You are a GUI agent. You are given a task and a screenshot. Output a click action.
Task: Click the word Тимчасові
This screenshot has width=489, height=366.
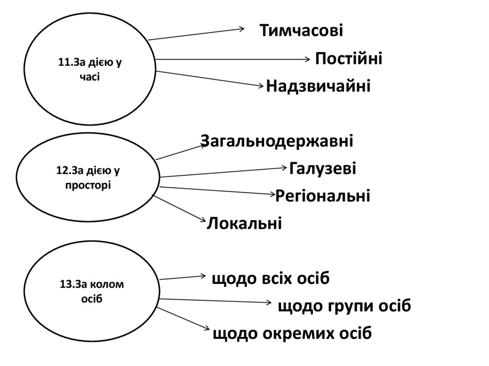pyautogui.click(x=301, y=31)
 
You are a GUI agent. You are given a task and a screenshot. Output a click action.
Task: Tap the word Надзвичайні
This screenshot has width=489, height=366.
pyautogui.click(x=318, y=86)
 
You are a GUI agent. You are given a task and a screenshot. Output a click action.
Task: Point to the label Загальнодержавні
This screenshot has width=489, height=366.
pyautogui.click(x=277, y=141)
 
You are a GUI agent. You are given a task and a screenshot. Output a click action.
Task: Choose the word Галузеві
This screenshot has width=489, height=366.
pyautogui.click(x=323, y=168)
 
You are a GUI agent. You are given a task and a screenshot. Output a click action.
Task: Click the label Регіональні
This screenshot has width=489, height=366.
pyautogui.click(x=323, y=196)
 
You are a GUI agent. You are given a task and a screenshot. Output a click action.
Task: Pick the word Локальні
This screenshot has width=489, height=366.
pyautogui.click(x=244, y=223)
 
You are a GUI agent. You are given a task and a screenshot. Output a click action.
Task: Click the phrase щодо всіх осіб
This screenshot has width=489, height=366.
pyautogui.click(x=271, y=278)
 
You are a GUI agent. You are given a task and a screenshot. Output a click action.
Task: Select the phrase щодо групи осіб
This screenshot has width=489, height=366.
pyautogui.click(x=344, y=306)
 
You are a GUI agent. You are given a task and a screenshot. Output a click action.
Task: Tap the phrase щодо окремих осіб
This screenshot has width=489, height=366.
pyautogui.click(x=292, y=333)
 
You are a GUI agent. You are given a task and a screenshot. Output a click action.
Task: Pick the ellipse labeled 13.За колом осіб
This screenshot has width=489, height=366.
pyautogui.click(x=91, y=291)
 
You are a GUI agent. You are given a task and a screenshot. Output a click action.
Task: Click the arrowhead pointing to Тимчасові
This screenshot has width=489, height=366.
pyautogui.click(x=242, y=29)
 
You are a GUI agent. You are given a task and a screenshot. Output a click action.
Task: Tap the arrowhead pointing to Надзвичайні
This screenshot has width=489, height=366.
pyautogui.click(x=261, y=86)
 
